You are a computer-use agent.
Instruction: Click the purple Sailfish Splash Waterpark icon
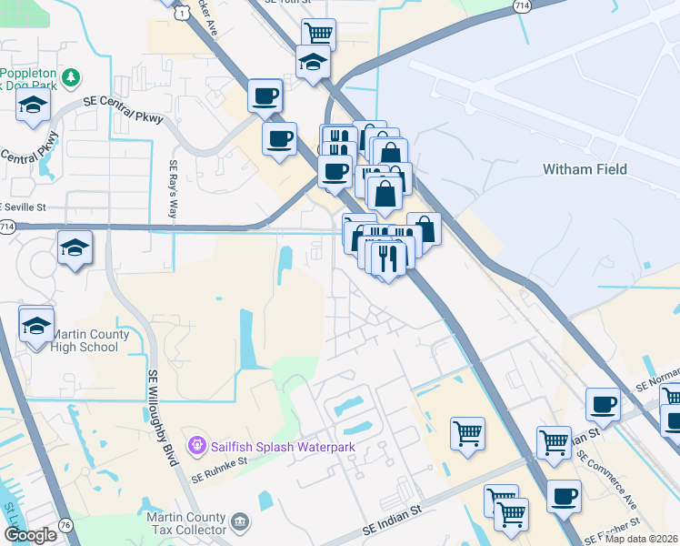(195, 446)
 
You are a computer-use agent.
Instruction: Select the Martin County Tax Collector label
(186, 523)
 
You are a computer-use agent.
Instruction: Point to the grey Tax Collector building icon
(239, 521)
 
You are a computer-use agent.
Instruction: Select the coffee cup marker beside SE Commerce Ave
(564, 497)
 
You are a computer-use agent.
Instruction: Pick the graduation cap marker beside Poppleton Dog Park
(33, 105)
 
